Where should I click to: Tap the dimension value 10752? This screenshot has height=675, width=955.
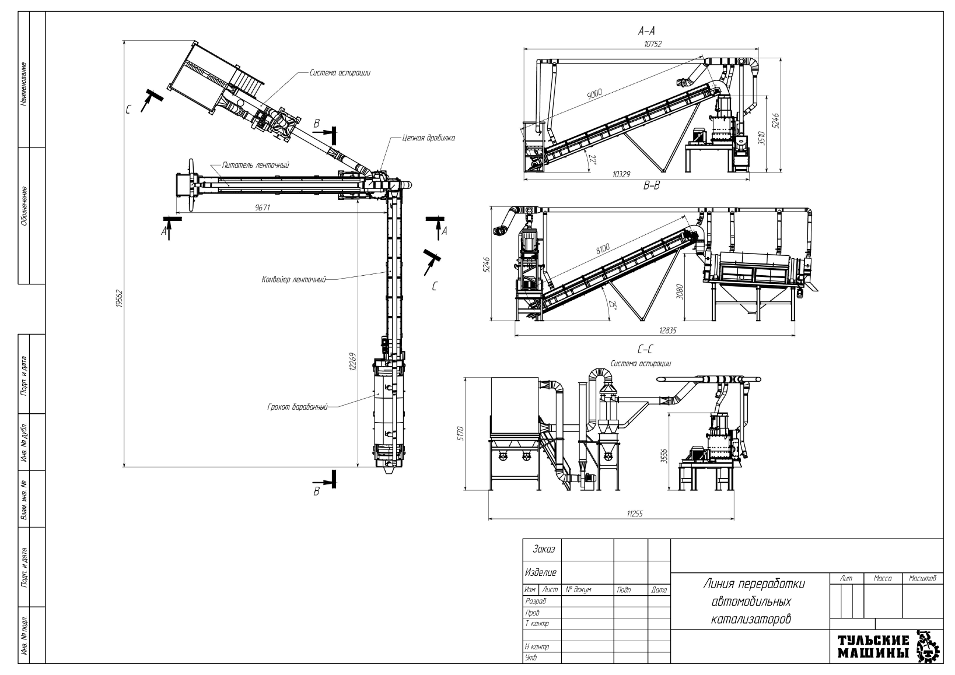(x=653, y=44)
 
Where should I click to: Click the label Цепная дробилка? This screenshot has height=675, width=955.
(x=428, y=138)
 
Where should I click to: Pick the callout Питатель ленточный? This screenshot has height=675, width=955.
(x=256, y=166)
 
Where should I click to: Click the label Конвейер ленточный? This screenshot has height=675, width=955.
(x=293, y=280)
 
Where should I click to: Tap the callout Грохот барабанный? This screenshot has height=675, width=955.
(x=296, y=406)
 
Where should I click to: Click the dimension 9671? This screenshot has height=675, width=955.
(x=263, y=207)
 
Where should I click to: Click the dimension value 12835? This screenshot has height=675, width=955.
(x=667, y=331)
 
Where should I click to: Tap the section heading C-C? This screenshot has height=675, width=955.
(x=645, y=350)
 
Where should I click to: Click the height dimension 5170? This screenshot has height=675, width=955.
(x=460, y=433)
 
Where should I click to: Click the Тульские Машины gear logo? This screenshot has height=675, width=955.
(x=929, y=646)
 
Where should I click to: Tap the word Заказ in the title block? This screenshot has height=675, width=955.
(x=544, y=550)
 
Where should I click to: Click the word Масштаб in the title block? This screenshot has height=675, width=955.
(x=922, y=579)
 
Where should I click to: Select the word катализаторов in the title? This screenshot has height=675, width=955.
(x=751, y=619)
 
